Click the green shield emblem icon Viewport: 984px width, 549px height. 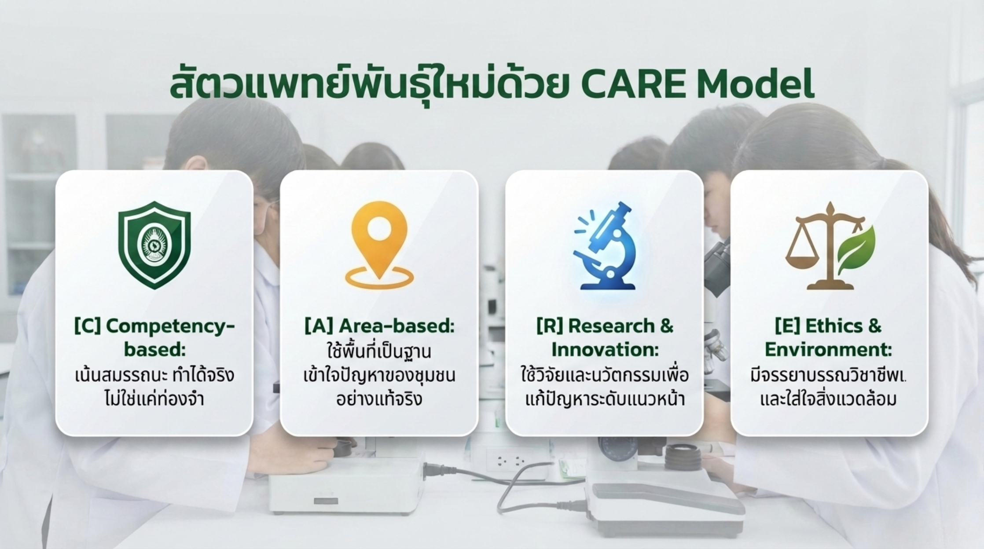pos(154,245)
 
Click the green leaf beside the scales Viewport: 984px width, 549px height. pos(855,249)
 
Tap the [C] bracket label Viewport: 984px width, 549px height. pos(88,326)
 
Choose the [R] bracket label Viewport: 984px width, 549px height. pos(550,326)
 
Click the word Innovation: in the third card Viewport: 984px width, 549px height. pos(605,350)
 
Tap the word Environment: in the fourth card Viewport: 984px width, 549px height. pos(828,350)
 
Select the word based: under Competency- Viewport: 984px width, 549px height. pos(154,350)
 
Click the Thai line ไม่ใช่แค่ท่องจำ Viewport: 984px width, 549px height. pos(154,399)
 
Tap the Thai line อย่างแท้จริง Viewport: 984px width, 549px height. pos(379,399)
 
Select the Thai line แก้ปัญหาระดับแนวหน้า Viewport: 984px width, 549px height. pos(605,399)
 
